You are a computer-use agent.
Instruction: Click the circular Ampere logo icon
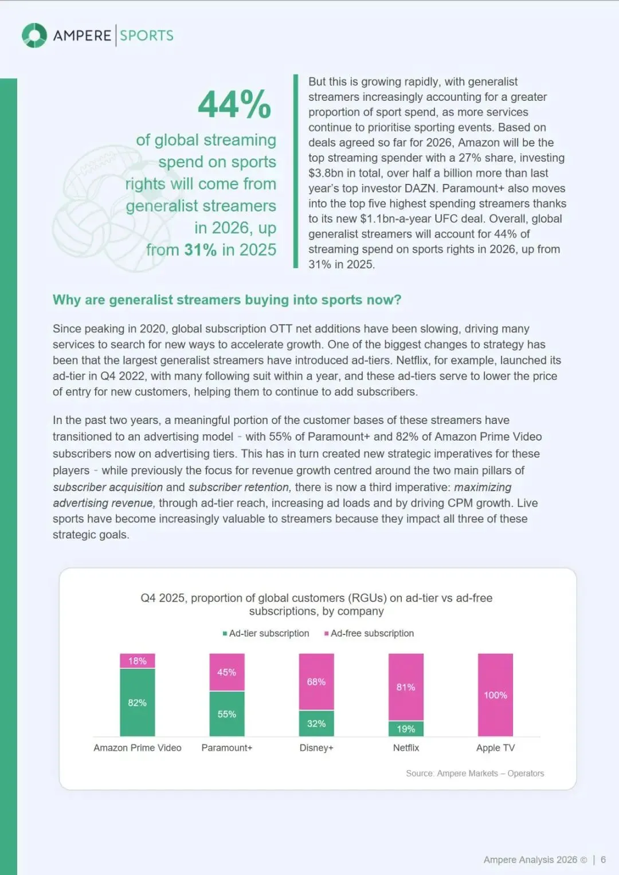pyautogui.click(x=34, y=36)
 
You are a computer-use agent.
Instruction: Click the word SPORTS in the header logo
pyautogui.click(x=147, y=36)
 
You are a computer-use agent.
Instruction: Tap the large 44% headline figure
pyautogui.click(x=234, y=105)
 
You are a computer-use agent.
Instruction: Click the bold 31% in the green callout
pyautogui.click(x=200, y=250)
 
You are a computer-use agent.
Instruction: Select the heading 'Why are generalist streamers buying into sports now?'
pyautogui.click(x=227, y=300)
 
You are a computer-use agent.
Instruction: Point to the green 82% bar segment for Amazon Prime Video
pyautogui.click(x=138, y=703)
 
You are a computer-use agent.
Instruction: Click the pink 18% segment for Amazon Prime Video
pyautogui.click(x=138, y=661)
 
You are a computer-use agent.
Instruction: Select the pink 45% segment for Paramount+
pyautogui.click(x=227, y=672)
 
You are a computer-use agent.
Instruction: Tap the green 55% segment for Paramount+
pyautogui.click(x=227, y=714)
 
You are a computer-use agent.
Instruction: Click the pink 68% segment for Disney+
pyautogui.click(x=316, y=682)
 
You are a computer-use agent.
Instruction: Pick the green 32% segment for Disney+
pyautogui.click(x=316, y=724)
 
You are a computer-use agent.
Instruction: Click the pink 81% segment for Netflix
pyautogui.click(x=406, y=687)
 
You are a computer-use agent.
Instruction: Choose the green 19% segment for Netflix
pyautogui.click(x=406, y=729)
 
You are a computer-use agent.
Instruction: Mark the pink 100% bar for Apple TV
pyautogui.click(x=495, y=695)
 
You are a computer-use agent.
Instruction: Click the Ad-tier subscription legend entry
pyautogui.click(x=266, y=633)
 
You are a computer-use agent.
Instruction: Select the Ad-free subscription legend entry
pyautogui.click(x=369, y=633)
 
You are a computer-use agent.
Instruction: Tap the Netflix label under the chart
pyautogui.click(x=406, y=748)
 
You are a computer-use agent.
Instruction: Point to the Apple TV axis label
pyautogui.click(x=495, y=748)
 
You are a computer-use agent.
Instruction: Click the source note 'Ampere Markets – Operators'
pyautogui.click(x=490, y=774)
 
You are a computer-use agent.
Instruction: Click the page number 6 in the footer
pyautogui.click(x=603, y=860)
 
